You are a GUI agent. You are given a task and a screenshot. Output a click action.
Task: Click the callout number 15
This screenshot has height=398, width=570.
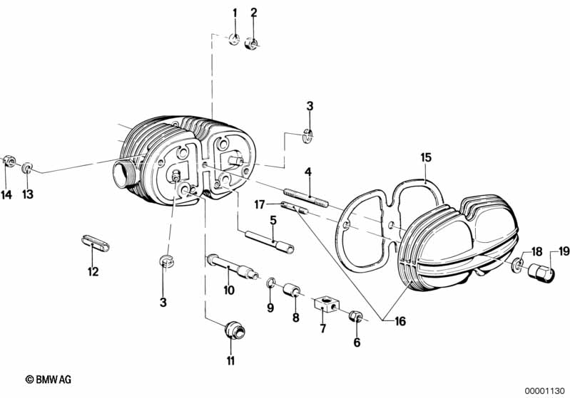426,157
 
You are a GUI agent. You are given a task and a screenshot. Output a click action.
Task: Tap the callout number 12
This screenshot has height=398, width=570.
93,271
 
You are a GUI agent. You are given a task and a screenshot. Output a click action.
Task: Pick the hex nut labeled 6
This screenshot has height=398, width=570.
356,316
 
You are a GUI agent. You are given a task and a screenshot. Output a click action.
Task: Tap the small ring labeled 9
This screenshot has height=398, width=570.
271,285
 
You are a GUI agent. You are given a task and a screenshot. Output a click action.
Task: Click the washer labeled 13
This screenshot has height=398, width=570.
27,168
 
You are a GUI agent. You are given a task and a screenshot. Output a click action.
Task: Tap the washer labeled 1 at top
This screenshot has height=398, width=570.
234,38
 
